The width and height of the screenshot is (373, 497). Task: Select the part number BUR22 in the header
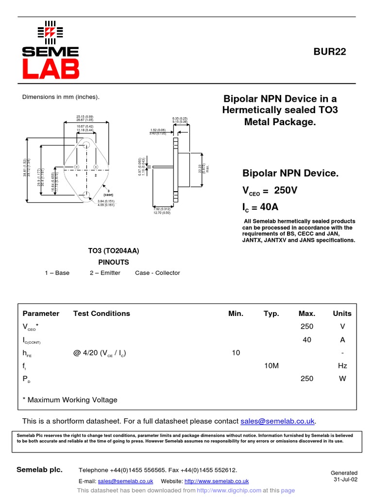point(330,52)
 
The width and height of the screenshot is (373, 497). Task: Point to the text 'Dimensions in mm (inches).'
point(61,97)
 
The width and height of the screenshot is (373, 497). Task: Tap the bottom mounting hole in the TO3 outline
point(86,195)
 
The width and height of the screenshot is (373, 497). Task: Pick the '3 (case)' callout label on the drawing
point(108,192)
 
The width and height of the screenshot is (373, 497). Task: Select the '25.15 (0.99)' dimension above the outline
point(85,117)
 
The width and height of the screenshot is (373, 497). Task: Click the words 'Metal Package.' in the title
point(280,122)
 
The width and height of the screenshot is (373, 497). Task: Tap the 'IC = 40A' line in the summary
point(260,207)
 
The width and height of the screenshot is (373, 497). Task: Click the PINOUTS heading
point(114,262)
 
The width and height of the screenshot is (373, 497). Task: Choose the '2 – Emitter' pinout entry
point(105,273)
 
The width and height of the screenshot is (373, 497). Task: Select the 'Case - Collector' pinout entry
point(157,273)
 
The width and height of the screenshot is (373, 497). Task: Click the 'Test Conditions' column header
point(102,314)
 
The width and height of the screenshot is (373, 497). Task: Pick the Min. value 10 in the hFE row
point(236,353)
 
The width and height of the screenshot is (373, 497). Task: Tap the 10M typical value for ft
point(271,365)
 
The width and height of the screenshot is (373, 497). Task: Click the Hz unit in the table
point(342,365)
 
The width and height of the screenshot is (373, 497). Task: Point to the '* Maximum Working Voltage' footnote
point(70,400)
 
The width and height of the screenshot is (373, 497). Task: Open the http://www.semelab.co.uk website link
point(217,481)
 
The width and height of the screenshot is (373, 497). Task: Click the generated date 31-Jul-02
point(345,480)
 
